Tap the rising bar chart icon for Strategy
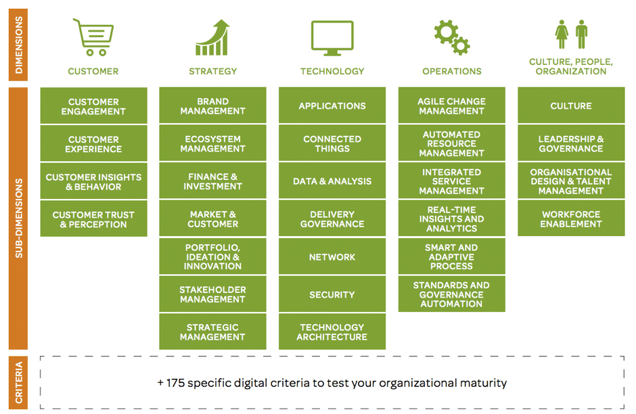coord(212,37)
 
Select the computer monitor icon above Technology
coord(332,38)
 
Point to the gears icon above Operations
coord(451,37)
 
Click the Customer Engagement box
coord(93,106)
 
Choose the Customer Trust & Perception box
coord(93,219)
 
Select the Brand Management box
coord(212,106)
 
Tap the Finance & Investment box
coord(212,181)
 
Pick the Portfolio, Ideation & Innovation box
coord(212,256)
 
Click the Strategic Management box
coord(212,331)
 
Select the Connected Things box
coord(332,143)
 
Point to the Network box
coord(332,256)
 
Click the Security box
coord(332,294)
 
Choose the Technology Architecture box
coord(332,331)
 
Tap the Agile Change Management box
coord(452,106)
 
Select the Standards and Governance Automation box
coord(452,294)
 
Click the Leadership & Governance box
coord(571,143)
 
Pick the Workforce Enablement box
coord(571,218)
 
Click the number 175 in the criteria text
coord(175,383)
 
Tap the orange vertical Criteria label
coord(18,382)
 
